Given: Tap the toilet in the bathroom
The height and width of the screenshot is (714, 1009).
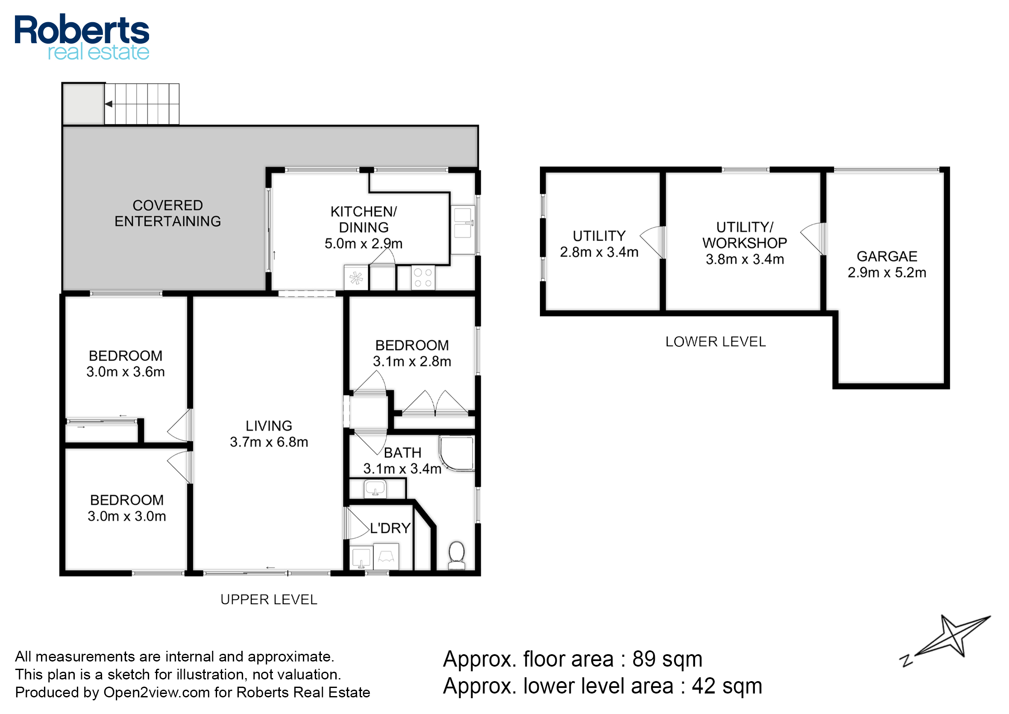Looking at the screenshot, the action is pyautogui.click(x=457, y=556).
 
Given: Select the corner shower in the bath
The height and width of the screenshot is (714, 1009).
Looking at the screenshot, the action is pyautogui.click(x=457, y=454).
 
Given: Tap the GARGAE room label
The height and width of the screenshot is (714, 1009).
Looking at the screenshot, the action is pyautogui.click(x=886, y=256).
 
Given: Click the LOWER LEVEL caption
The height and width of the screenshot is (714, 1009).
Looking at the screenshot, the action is pyautogui.click(x=715, y=342).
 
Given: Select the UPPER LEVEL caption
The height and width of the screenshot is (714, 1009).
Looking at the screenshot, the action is pyautogui.click(x=269, y=600).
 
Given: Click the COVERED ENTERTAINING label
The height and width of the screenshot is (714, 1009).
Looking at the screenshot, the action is pyautogui.click(x=167, y=213).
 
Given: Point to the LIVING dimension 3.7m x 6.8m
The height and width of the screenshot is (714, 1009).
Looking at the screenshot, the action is pyautogui.click(x=269, y=442).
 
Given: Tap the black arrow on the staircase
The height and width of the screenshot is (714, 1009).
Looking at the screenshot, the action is pyautogui.click(x=109, y=104).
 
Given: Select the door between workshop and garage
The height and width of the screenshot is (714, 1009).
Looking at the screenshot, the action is pyautogui.click(x=812, y=239).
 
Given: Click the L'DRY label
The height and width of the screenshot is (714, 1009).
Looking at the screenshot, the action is pyautogui.click(x=390, y=528).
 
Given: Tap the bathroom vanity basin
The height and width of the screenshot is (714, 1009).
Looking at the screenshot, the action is pyautogui.click(x=375, y=488).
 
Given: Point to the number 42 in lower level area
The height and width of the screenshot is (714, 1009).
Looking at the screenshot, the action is pyautogui.click(x=704, y=686).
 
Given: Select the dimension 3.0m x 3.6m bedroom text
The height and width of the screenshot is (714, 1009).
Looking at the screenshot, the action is pyautogui.click(x=125, y=372).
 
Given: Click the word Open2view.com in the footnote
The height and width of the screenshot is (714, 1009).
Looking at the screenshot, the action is pyautogui.click(x=157, y=693).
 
